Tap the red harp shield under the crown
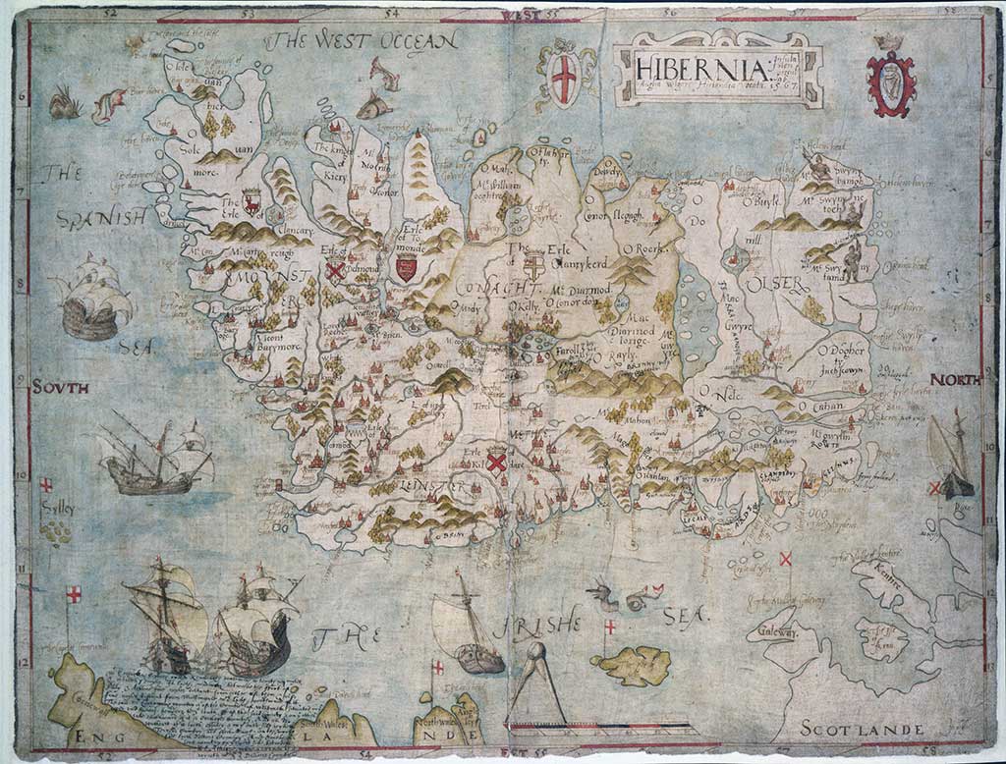[x=890, y=84]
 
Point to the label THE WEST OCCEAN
[x=363, y=40]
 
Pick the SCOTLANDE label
[x=861, y=729]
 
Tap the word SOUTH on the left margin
[x=60, y=387]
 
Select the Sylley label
[x=58, y=508]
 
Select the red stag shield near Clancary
[x=252, y=202]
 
